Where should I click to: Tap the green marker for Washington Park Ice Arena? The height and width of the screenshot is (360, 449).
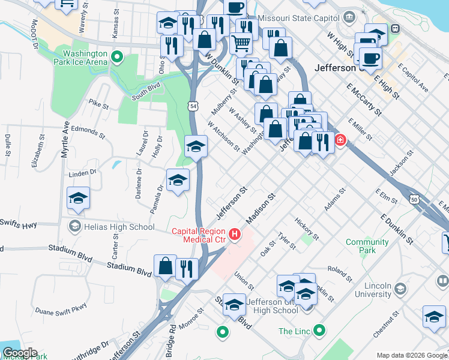pos(117,58)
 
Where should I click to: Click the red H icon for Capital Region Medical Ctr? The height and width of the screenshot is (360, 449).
pos(235,233)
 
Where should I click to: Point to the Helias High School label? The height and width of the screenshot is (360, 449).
pos(119,227)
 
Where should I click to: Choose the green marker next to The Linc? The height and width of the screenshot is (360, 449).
pos(320,330)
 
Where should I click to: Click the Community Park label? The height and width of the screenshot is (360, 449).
pos(367,246)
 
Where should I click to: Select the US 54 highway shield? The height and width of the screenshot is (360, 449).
pos(192,106)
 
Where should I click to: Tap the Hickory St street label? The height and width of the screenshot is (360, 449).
pos(306,228)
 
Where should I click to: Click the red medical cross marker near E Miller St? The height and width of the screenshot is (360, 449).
pos(340,140)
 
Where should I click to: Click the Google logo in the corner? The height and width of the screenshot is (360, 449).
pos(19,353)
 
